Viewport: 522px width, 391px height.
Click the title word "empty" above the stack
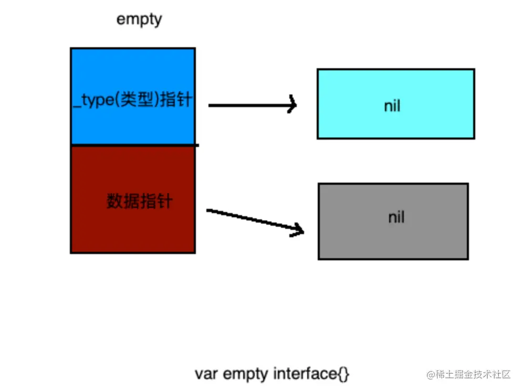[139, 19]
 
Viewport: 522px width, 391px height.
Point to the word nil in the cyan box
[392, 105]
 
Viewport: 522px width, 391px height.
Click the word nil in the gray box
[396, 217]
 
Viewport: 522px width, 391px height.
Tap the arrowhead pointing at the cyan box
[292, 105]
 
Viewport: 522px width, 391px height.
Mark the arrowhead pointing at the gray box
[298, 229]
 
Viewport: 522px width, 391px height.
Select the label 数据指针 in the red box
[139, 201]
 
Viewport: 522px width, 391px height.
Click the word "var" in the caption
[206, 374]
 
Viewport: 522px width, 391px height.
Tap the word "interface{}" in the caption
[311, 374]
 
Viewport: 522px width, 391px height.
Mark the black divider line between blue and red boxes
[134, 145]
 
